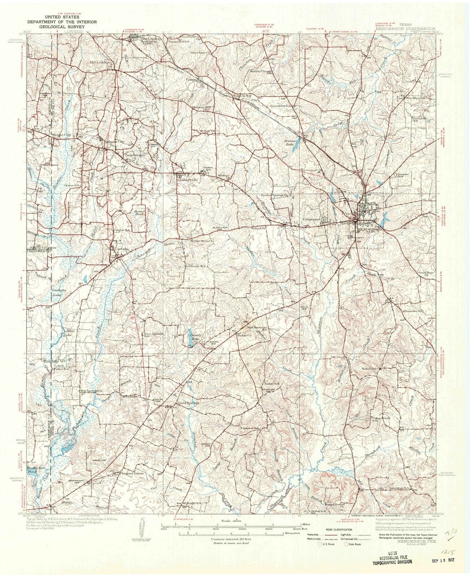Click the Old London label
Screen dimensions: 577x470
pos(99,62)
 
